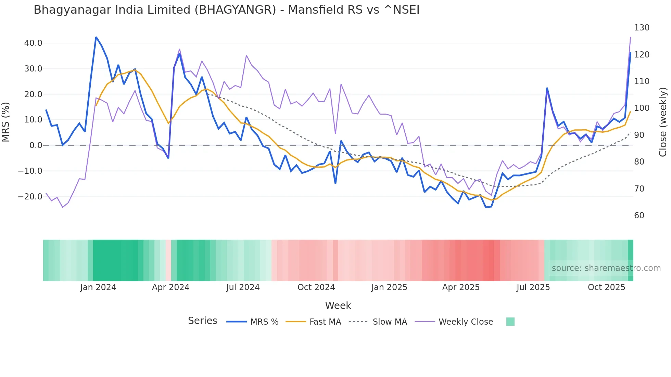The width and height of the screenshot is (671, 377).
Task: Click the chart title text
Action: [226, 10]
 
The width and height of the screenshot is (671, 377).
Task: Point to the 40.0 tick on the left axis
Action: [33, 43]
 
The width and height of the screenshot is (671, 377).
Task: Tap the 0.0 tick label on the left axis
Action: [36, 145]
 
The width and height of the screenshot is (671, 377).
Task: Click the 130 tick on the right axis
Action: [642, 28]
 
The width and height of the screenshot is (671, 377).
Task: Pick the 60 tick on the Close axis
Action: [639, 216]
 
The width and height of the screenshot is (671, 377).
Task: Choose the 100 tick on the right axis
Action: [642, 108]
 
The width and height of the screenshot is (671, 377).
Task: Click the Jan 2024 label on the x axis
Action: [98, 287]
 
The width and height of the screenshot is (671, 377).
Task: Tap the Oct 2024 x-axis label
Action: [316, 287]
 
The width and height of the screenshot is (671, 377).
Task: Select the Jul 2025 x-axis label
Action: [533, 287]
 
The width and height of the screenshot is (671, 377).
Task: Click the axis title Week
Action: [338, 305]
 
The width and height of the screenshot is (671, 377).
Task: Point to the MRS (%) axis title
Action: [6, 122]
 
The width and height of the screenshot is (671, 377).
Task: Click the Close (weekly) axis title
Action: [663, 122]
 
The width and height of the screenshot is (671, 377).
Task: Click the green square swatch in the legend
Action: [510, 322]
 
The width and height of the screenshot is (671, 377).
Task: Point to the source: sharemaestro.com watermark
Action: [606, 268]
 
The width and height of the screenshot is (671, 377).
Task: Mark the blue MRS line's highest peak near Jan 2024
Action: [96, 37]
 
